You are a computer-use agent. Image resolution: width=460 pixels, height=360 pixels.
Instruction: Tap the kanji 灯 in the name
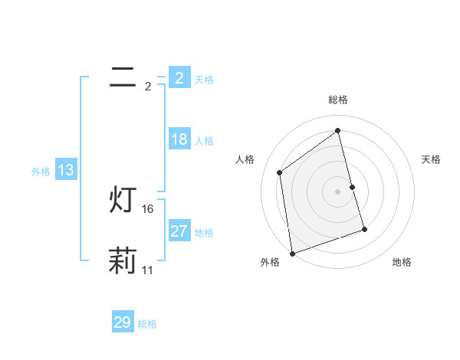(123, 200)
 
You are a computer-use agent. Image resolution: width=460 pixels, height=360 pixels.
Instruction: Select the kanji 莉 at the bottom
(123, 260)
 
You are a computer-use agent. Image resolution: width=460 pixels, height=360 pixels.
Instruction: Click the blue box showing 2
(179, 77)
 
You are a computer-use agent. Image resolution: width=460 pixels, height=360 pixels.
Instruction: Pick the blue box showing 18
(179, 139)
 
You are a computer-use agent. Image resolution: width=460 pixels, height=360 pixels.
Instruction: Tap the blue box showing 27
(179, 231)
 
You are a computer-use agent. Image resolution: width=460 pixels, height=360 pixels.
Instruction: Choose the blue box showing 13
(66, 170)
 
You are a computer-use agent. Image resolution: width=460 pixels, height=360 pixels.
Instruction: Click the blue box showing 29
(123, 322)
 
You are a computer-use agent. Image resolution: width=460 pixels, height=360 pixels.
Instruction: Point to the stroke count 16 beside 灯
(148, 209)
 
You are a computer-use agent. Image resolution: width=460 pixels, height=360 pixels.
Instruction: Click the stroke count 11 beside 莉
(148, 270)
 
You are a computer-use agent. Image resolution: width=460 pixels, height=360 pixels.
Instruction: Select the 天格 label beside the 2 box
(204, 79)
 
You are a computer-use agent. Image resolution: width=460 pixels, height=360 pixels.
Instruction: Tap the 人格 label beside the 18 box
(204, 141)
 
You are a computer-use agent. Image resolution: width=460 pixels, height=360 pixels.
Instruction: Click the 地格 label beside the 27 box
(204, 233)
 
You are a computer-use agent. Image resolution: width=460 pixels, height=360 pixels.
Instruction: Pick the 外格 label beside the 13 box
(41, 172)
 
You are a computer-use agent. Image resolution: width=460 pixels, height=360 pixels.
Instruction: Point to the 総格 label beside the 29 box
(147, 324)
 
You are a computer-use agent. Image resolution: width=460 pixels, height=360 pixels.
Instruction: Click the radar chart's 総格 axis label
(338, 100)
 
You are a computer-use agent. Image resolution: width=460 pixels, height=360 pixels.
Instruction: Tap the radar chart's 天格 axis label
(432, 159)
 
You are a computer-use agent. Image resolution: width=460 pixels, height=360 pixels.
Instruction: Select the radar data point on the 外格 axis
(292, 253)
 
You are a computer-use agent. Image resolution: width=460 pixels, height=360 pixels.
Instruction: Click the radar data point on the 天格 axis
(352, 187)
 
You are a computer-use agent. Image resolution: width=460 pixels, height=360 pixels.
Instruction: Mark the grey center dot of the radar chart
(338, 191)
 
